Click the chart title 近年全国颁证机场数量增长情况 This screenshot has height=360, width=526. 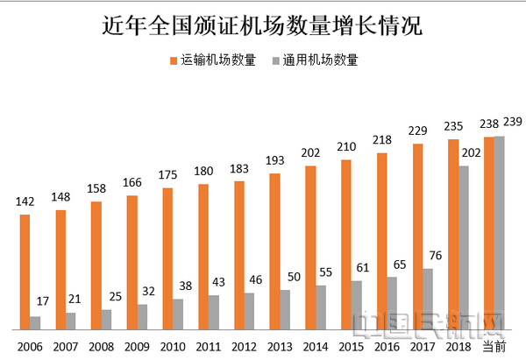click(262, 25)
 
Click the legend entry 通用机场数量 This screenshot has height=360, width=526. click(315, 60)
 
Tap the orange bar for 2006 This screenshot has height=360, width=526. click(25, 272)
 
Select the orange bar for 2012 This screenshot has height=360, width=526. click(239, 255)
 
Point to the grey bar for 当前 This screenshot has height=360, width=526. click(500, 232)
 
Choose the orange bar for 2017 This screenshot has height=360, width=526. click(418, 236)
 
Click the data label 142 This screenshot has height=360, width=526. click(25, 202)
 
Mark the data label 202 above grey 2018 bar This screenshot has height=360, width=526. click(473, 152)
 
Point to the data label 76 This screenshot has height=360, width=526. click(437, 255)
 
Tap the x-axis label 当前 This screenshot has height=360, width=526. click(494, 348)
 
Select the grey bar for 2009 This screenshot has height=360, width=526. click(142, 316)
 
